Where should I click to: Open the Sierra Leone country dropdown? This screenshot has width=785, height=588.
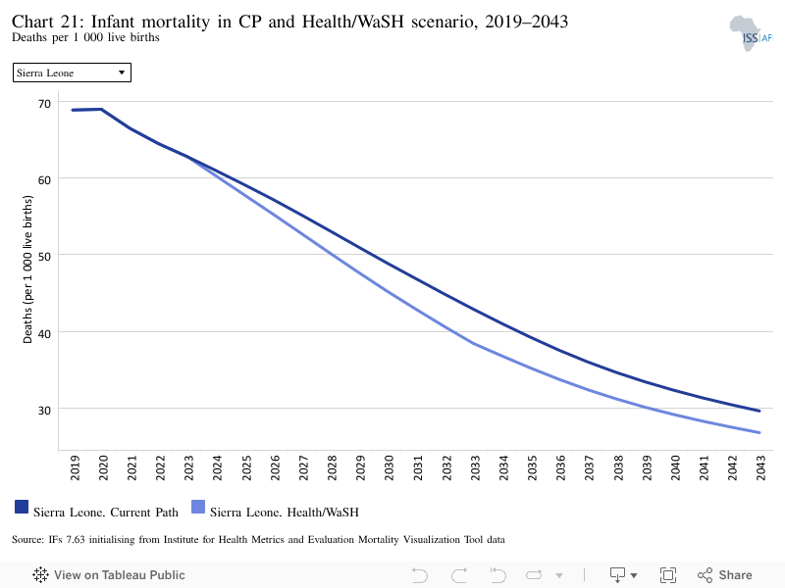pyautogui.click(x=72, y=73)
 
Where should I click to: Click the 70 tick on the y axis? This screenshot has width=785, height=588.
pyautogui.click(x=44, y=104)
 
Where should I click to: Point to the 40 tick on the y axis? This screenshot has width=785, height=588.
pyautogui.click(x=44, y=333)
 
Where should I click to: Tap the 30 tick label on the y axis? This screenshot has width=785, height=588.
pyautogui.click(x=44, y=411)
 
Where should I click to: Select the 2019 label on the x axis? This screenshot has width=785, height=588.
pyautogui.click(x=75, y=468)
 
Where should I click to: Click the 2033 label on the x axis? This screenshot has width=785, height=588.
pyautogui.click(x=475, y=468)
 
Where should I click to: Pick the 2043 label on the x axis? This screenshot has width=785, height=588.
pyautogui.click(x=761, y=468)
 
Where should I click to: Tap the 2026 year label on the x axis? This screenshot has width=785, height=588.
pyautogui.click(x=275, y=468)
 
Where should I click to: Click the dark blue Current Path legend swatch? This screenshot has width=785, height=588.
pyautogui.click(x=22, y=507)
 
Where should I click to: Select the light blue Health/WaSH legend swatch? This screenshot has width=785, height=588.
pyautogui.click(x=198, y=507)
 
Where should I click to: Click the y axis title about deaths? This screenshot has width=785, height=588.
pyautogui.click(x=27, y=269)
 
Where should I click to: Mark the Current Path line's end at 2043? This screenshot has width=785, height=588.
pyautogui.click(x=759, y=411)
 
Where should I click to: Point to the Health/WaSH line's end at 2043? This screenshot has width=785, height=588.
pyautogui.click(x=759, y=432)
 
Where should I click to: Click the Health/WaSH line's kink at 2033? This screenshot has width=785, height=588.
pyautogui.click(x=474, y=344)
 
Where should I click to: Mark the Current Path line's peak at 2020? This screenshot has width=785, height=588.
pyautogui.click(x=102, y=109)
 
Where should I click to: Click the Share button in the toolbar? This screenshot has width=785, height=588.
pyautogui.click(x=725, y=575)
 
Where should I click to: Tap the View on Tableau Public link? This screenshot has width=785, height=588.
pyautogui.click(x=109, y=575)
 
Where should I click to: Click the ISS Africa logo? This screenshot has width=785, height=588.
pyautogui.click(x=751, y=33)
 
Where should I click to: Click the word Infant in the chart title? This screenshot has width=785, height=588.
pyautogui.click(x=113, y=22)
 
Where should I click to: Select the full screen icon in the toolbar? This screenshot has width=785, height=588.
pyautogui.click(x=668, y=575)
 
